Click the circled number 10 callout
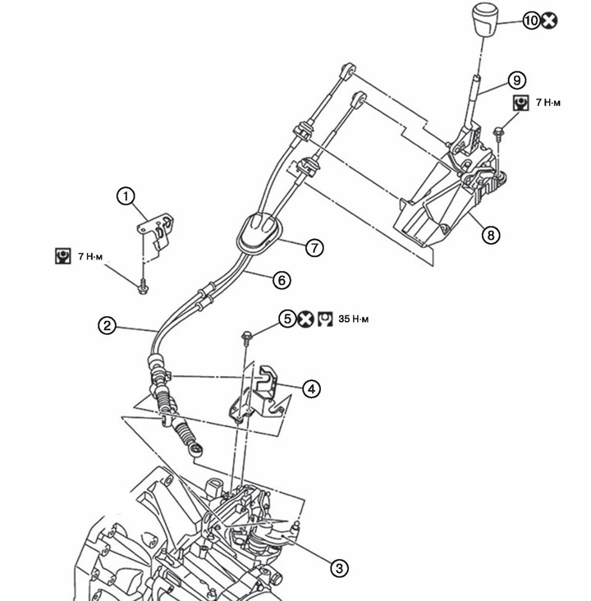(x=532, y=21)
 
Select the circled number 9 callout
(x=516, y=80)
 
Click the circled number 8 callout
(x=491, y=234)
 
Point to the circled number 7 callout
(x=314, y=248)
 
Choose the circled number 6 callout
(x=282, y=280)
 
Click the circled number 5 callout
(x=287, y=319)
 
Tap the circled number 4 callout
(x=311, y=389)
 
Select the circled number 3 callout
(x=339, y=568)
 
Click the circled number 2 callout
(x=107, y=326)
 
